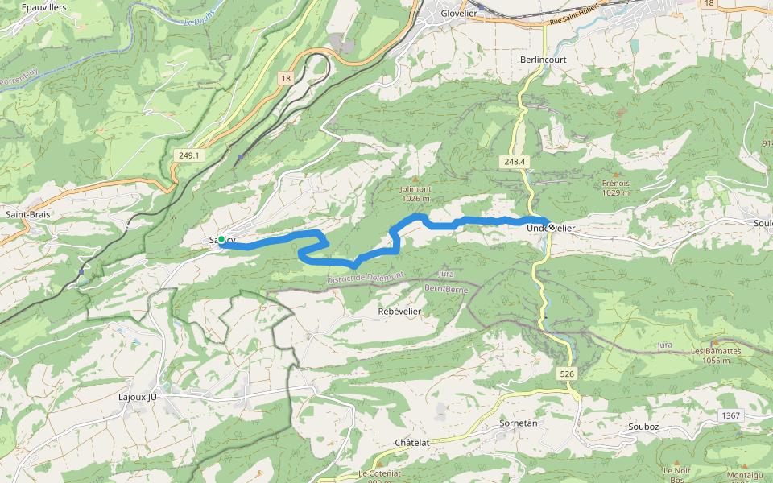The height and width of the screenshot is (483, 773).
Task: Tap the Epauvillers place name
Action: coord(44,6)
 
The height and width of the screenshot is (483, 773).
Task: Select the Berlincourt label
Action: coord(544,60)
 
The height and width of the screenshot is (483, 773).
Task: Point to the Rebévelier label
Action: coord(401,311)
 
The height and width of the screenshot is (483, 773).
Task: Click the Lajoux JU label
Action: coord(137,397)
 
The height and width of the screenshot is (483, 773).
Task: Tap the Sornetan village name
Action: coord(518,423)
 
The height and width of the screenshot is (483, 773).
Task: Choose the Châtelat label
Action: coord(412,443)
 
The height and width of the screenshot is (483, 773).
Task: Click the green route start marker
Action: coord(221,239)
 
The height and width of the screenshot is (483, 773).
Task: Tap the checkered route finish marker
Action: coord(551,225)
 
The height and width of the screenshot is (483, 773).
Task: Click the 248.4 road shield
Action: coord(515,162)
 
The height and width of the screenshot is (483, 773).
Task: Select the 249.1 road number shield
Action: coord(190,155)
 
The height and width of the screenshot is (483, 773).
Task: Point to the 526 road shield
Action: coord(567,374)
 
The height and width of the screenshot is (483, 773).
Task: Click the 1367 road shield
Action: coord(730,415)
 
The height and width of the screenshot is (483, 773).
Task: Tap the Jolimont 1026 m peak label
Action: coord(415,193)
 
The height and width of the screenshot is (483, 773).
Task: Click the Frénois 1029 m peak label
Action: coord(616,188)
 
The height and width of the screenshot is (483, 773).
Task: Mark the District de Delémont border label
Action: coord(366,277)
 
